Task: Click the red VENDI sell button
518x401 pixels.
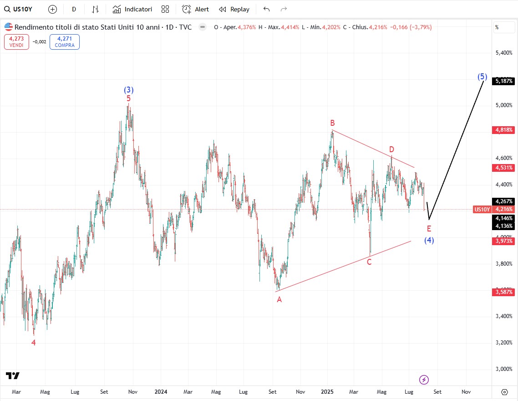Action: tap(16, 42)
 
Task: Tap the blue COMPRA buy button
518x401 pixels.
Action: tap(65, 42)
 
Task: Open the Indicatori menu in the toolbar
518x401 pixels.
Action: tap(132, 9)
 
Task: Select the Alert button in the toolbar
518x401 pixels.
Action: tap(196, 9)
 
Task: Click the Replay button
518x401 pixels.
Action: tap(234, 9)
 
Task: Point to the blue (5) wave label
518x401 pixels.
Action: tap(482, 77)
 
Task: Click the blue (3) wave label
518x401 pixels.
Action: tap(128, 90)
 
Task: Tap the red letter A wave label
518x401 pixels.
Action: tap(279, 299)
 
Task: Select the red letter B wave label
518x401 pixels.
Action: tap(333, 123)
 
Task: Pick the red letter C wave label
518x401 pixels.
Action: tap(369, 262)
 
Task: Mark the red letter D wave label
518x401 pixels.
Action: tap(391, 149)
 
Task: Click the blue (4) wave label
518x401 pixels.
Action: tap(429, 240)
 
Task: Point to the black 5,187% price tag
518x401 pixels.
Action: tap(504, 81)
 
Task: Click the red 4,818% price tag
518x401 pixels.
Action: tap(504, 130)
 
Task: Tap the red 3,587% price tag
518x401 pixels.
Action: tap(504, 292)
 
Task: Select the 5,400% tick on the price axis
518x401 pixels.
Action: tap(503, 53)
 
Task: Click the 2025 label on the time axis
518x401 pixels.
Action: tap(327, 391)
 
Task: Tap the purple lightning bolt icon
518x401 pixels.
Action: tap(424, 380)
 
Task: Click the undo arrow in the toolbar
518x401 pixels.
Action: tap(267, 9)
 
